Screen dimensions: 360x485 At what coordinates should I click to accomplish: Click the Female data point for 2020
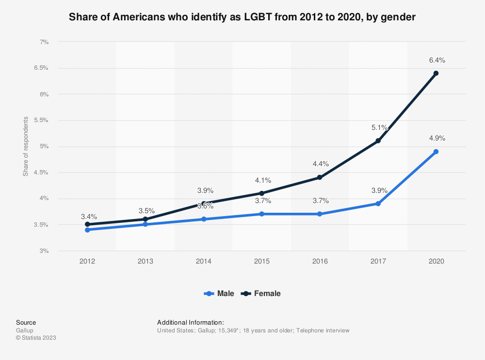coord(436,73)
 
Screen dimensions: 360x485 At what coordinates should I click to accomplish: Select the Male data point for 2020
coord(436,152)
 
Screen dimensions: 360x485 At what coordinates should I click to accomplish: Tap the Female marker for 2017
coord(378,141)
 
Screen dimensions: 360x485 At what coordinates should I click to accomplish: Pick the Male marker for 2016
coord(320,214)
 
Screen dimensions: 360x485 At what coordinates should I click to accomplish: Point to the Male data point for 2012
coord(87,230)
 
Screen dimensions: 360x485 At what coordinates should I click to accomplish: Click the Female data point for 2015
coord(261,193)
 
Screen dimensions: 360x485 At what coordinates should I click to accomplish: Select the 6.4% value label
coord(436,60)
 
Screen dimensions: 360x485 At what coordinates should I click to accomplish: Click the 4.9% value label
coord(436,138)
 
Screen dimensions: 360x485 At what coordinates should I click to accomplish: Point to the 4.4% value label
coord(320,164)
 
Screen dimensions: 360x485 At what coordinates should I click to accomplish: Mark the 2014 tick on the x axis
coord(203,261)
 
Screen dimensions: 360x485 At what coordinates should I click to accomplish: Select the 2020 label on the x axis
coord(436,261)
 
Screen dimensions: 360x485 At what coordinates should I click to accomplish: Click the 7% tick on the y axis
coord(44,42)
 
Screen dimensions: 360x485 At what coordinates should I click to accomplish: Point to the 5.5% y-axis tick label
coord(41,120)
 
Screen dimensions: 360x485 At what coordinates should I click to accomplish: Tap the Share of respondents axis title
coord(25,146)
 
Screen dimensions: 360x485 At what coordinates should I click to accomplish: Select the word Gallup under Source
coord(24,330)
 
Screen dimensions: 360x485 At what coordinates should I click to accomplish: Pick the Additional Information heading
coord(190,322)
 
